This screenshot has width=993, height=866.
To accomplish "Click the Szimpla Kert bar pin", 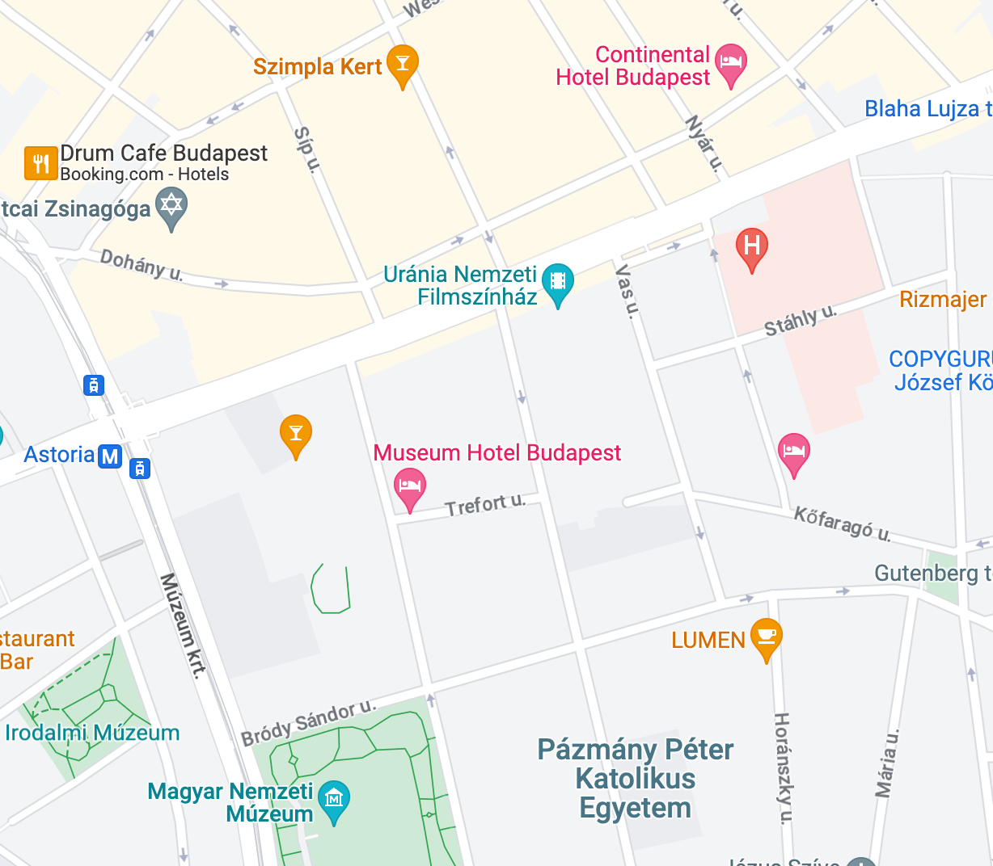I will pyautogui.click(x=403, y=63).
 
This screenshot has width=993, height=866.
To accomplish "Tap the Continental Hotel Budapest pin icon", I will pyautogui.click(x=731, y=63).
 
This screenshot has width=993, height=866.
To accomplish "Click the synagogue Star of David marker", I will pyautogui.click(x=171, y=205).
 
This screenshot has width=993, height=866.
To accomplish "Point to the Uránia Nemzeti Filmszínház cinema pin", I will pyautogui.click(x=557, y=282).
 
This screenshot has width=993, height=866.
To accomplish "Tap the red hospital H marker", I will pyautogui.click(x=751, y=246).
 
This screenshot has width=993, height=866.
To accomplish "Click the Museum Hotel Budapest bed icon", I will pyautogui.click(x=410, y=486).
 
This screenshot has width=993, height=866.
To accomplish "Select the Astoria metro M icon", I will pyautogui.click(x=110, y=456).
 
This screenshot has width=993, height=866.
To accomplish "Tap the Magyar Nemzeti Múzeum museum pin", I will pyautogui.click(x=334, y=799).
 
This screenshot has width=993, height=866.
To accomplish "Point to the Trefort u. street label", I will pyautogui.click(x=485, y=506).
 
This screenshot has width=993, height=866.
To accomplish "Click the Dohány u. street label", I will pyautogui.click(x=142, y=264).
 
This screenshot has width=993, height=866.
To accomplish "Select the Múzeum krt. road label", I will pyautogui.click(x=183, y=625).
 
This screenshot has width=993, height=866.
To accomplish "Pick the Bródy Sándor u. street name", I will pyautogui.click(x=309, y=722).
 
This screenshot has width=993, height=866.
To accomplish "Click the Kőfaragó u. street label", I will pyautogui.click(x=842, y=523).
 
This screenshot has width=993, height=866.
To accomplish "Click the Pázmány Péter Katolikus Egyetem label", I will pyautogui.click(x=636, y=778).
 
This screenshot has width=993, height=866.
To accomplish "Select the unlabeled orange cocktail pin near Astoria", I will pyautogui.click(x=296, y=434).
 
